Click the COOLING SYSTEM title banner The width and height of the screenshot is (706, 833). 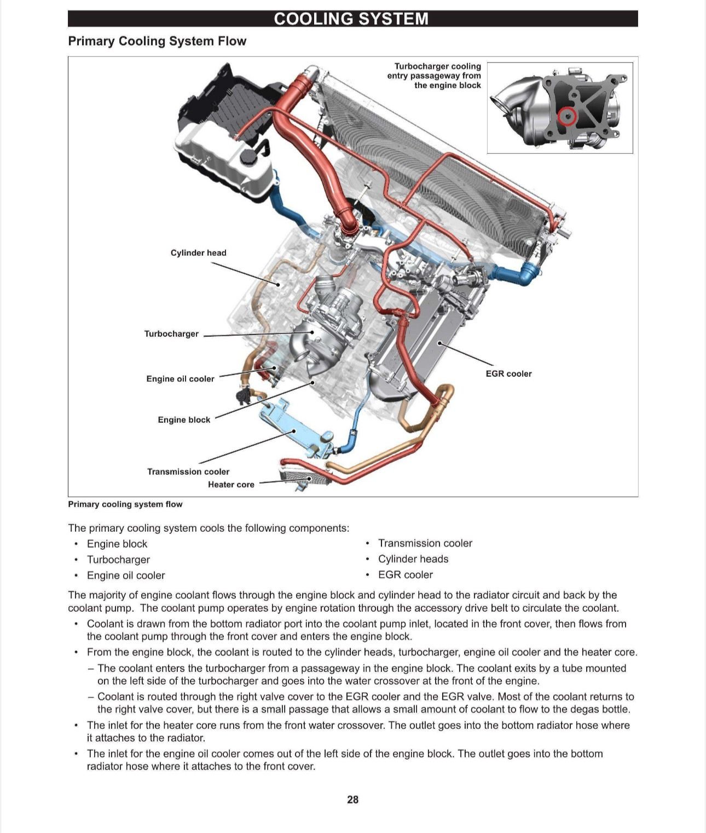(x=352, y=19)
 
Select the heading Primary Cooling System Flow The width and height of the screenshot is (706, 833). (x=157, y=41)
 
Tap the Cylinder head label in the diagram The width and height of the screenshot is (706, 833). (x=198, y=252)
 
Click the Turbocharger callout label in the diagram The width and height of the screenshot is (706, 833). (x=171, y=334)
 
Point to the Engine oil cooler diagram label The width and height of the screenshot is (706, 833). (x=180, y=378)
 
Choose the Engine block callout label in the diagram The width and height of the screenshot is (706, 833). (x=184, y=420)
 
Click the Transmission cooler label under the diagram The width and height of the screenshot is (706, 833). (x=188, y=472)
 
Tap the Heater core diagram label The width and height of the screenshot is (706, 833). (x=231, y=484)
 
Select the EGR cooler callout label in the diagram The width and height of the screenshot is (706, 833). (x=508, y=374)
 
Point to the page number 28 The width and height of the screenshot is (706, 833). (x=352, y=800)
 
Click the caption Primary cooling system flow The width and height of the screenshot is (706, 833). (x=125, y=504)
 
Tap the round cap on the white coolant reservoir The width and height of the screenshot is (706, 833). (x=250, y=157)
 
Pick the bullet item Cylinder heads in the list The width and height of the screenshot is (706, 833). (x=413, y=559)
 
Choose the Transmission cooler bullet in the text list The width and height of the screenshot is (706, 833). (x=425, y=543)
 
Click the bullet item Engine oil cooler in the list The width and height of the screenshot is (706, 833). (x=126, y=575)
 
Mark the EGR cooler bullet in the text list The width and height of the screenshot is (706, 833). (x=405, y=575)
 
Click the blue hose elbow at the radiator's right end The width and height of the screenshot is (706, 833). (x=528, y=273)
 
